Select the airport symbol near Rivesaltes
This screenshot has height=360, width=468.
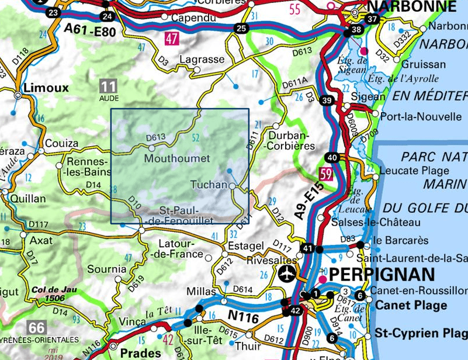tap(287, 273)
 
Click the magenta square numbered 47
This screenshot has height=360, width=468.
tap(171, 40)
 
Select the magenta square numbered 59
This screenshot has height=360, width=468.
tap(325, 174)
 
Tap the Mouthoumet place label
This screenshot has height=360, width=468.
tap(176, 158)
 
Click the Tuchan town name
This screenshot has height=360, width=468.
tap(209, 185)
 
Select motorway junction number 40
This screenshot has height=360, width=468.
tap(332, 157)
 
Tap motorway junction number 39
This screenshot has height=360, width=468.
tap(327, 101)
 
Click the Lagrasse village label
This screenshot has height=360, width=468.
tap(202, 60)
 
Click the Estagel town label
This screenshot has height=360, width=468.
tap(242, 245)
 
